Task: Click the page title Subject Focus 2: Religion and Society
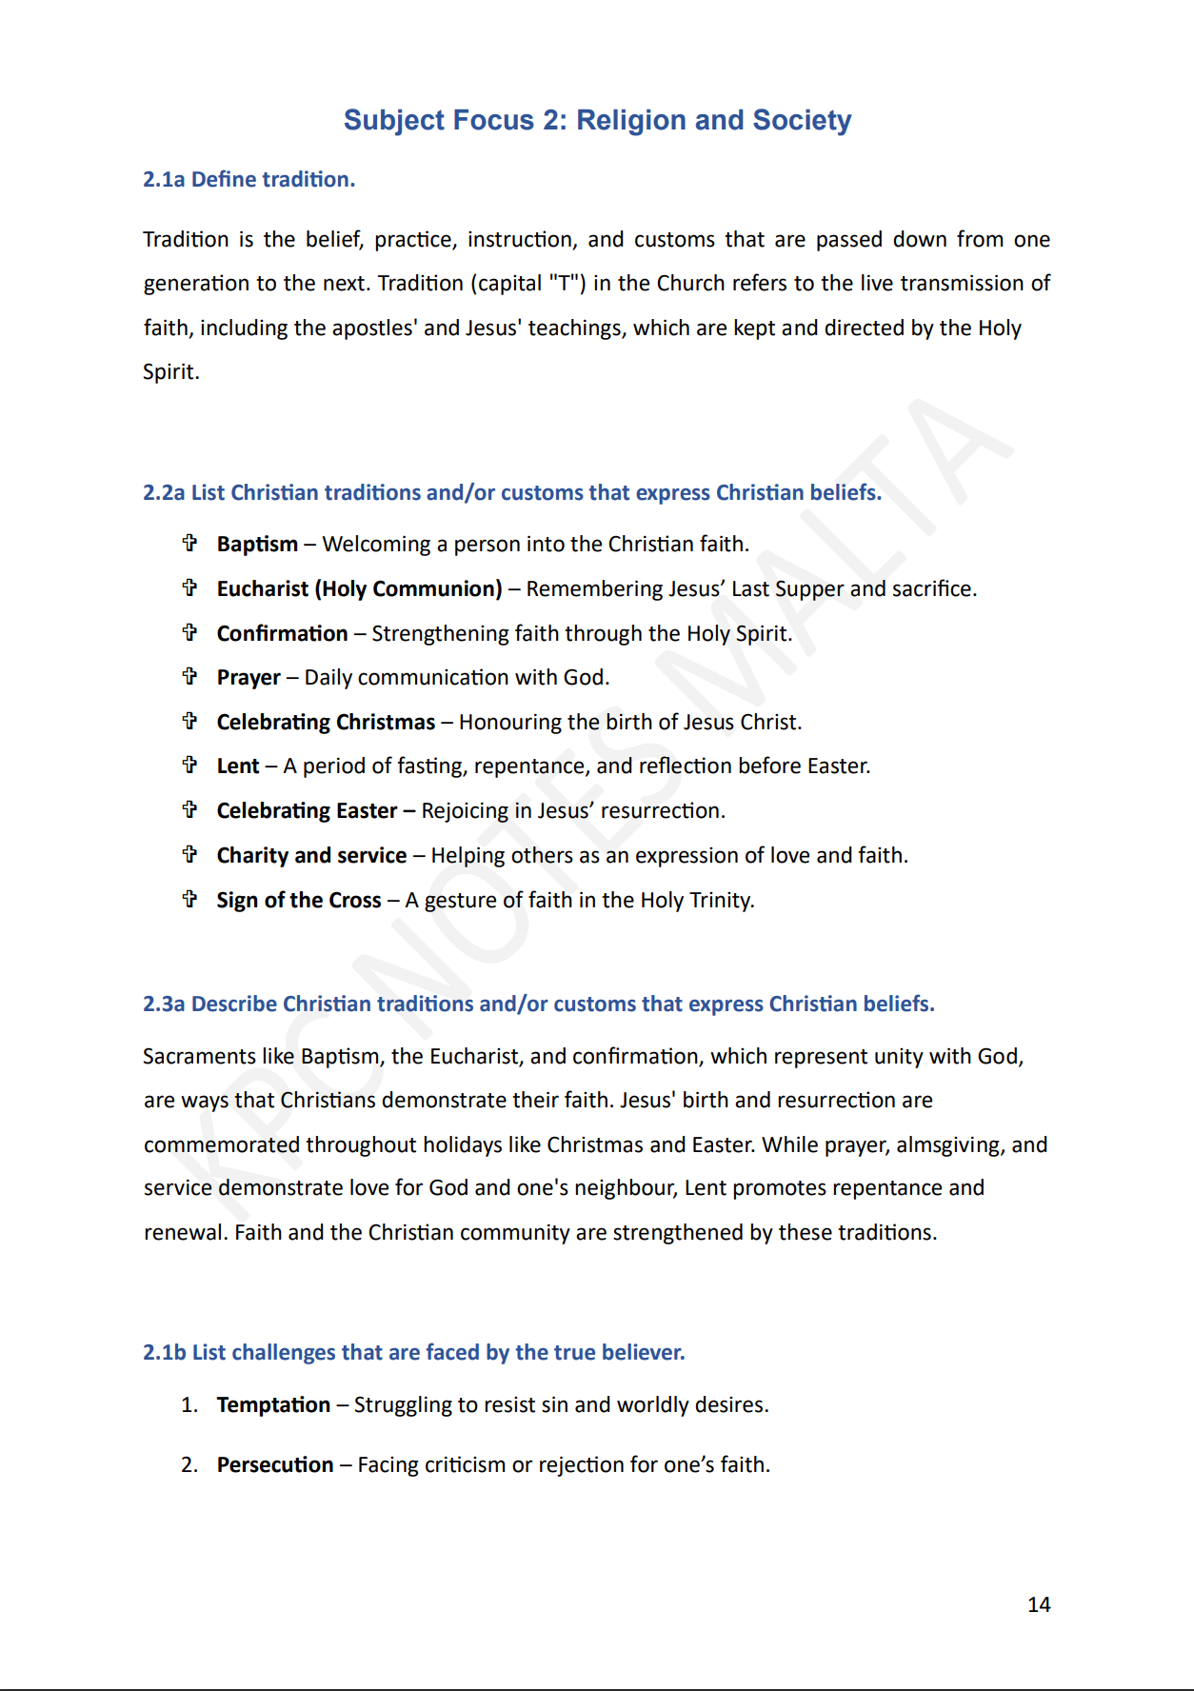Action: (597, 120)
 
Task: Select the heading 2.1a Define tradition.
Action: (249, 179)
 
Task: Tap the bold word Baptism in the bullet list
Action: (257, 544)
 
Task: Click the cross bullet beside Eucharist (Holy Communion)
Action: (189, 587)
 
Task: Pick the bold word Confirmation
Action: (282, 633)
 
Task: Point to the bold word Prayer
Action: (249, 677)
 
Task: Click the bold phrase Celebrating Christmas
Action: (326, 722)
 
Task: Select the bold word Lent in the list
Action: (238, 766)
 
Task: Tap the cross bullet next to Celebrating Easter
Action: (189, 809)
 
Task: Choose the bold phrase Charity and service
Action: (311, 855)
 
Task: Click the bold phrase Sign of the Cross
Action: (299, 900)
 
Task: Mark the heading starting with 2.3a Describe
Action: (538, 1004)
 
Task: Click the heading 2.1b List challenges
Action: (413, 1352)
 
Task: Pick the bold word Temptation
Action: (273, 1404)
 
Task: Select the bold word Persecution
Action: (275, 1464)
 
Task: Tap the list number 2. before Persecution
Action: (189, 1464)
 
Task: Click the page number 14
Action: (1039, 1604)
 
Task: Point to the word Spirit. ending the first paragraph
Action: (171, 371)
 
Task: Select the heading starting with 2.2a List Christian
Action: (512, 492)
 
